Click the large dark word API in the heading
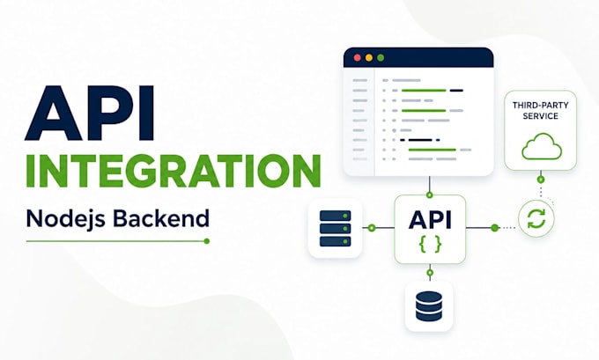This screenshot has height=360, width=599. tap(89, 113)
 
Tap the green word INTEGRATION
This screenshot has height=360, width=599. tap(173, 171)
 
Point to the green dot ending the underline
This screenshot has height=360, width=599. tap(207, 241)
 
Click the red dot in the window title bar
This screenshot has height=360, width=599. tap(358, 57)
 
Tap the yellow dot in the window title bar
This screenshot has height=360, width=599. tap(369, 57)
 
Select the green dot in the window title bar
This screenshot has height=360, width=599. tap(381, 57)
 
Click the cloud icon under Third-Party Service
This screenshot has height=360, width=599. tap(542, 147)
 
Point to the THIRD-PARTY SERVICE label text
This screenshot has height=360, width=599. tap(541, 110)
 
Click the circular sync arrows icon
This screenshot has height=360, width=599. tap(536, 219)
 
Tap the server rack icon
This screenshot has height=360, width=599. tap(335, 228)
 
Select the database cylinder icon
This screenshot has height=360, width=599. tap(429, 306)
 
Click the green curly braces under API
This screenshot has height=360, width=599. tap(431, 245)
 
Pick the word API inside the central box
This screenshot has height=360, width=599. tap(430, 220)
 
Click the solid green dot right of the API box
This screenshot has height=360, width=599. tap(495, 228)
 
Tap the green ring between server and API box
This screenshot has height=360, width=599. tap(372, 228)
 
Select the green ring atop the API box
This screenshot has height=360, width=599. tap(429, 195)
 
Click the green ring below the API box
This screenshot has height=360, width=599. tap(430, 273)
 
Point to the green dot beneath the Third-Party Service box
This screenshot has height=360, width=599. tap(541, 179)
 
